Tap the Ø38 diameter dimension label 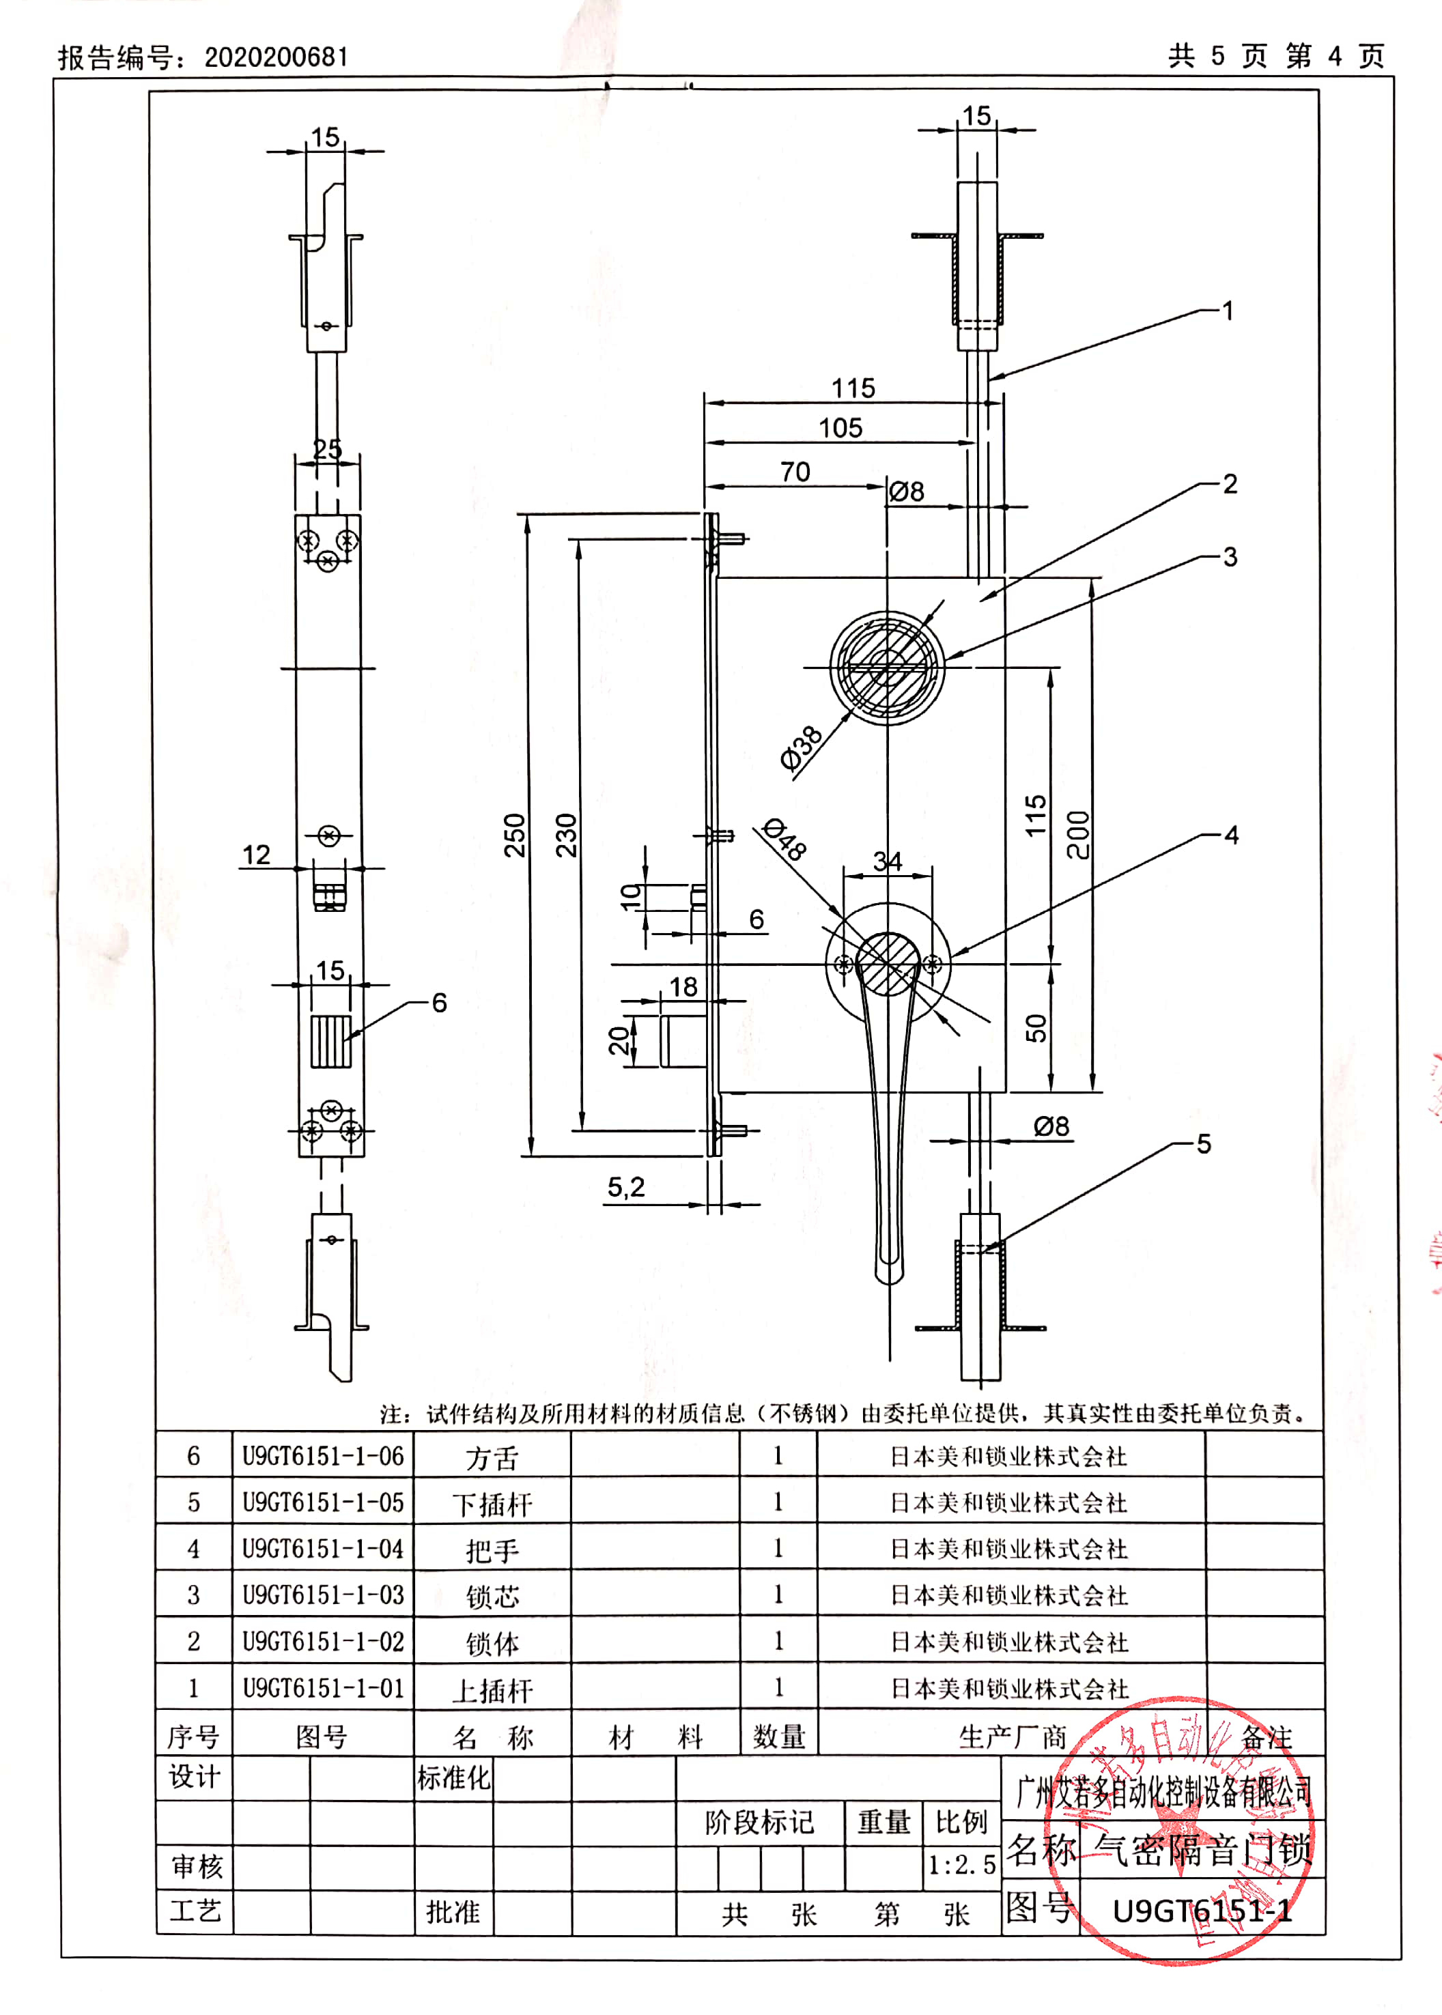pyautogui.click(x=801, y=747)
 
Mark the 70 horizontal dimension pyautogui.click(x=795, y=472)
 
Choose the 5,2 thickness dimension pyautogui.click(x=625, y=1187)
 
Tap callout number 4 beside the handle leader pyautogui.click(x=1230, y=835)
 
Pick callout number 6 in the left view pyautogui.click(x=438, y=1003)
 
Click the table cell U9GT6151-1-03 pyautogui.click(x=323, y=1595)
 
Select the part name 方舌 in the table pyautogui.click(x=492, y=1457)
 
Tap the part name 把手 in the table pyautogui.click(x=492, y=1550)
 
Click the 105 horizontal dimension pyautogui.click(x=840, y=428)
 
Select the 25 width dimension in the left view pyautogui.click(x=327, y=449)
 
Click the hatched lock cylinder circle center pyautogui.click(x=887, y=667)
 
